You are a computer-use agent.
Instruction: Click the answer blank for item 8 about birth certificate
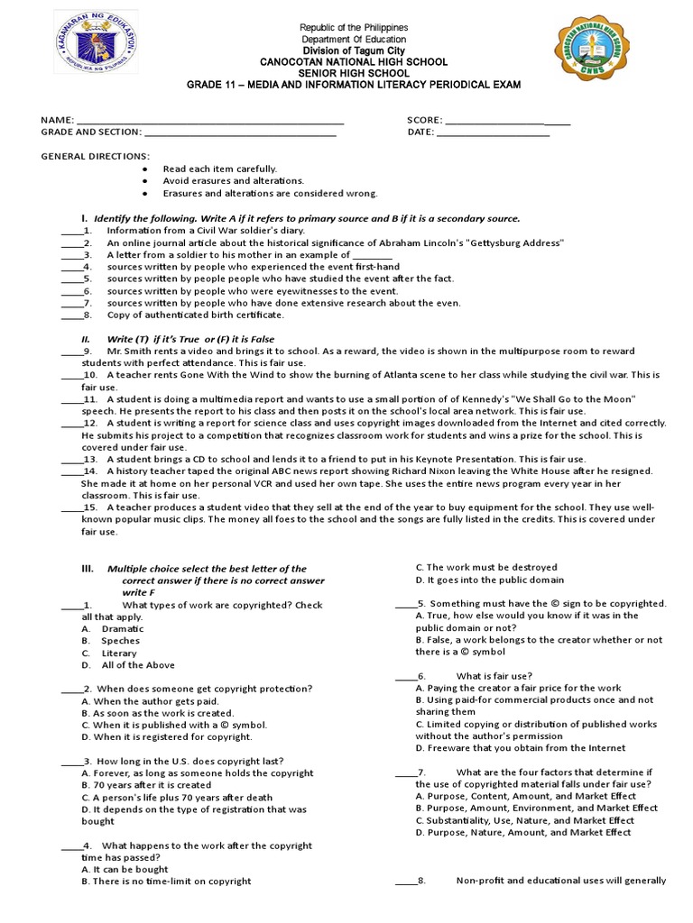(71, 315)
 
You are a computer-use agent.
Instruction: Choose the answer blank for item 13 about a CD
(71, 459)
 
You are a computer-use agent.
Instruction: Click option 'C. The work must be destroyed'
(486, 568)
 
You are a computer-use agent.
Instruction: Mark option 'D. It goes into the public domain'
(489, 580)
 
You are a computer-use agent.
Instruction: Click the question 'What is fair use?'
(494, 676)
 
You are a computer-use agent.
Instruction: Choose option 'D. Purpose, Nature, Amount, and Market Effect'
(523, 833)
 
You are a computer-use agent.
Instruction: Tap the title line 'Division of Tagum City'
(354, 50)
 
